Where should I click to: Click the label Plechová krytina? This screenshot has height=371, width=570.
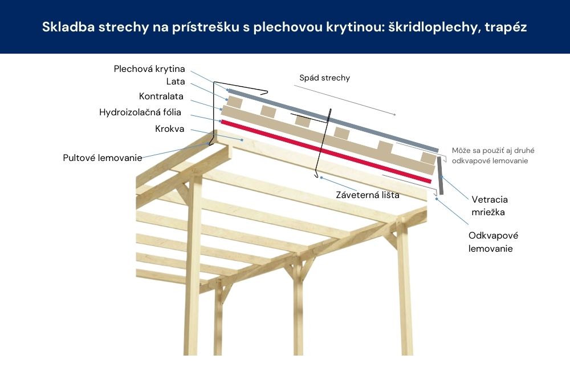tap(149, 69)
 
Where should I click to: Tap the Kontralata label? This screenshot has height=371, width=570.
tap(161, 96)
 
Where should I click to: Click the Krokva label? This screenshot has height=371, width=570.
tap(170, 129)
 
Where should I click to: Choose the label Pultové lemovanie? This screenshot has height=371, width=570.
tap(103, 158)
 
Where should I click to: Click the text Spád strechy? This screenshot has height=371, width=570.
tap(324, 78)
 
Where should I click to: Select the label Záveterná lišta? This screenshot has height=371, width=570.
tap(367, 195)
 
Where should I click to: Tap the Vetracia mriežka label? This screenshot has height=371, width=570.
tap(490, 205)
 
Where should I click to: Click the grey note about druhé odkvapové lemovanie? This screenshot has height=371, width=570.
tap(493, 156)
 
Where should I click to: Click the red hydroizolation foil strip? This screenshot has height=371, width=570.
tap(325, 151)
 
